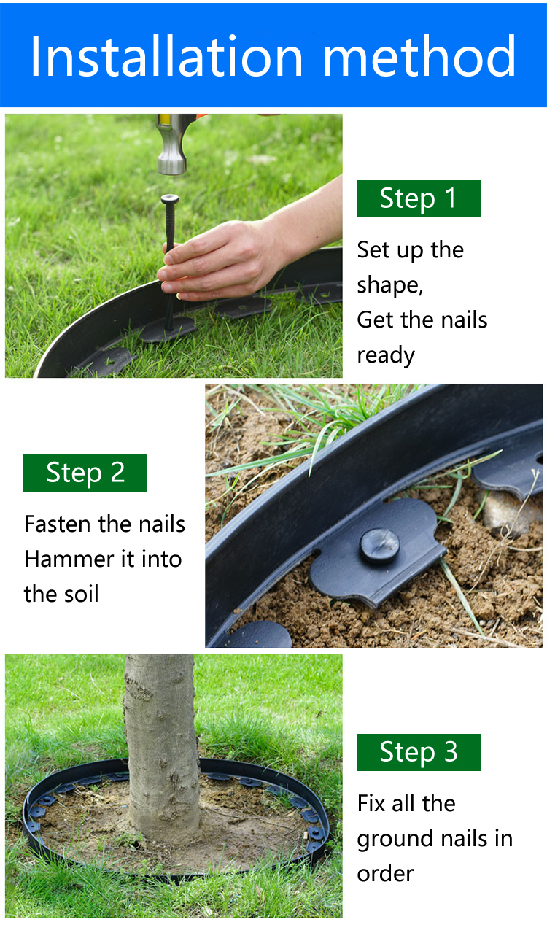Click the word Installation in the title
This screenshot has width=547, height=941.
pos(167,56)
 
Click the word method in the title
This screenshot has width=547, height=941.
pos(419,56)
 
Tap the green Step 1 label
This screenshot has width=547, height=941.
pos(418,198)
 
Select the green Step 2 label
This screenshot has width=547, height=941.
pos(85,473)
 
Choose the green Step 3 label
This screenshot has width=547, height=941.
pos(418,752)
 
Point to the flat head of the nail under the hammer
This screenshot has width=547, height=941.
pos(170,198)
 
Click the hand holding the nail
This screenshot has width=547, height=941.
pos(236,256)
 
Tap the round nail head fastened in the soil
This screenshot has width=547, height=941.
pos(379,546)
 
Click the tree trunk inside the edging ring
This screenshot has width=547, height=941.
pos(162,743)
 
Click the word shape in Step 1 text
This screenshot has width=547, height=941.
pos(389,286)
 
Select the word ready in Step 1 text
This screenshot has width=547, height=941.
pos(386,356)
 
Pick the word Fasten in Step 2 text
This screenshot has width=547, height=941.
pos(58,524)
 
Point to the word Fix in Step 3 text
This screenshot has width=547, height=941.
pos(371,804)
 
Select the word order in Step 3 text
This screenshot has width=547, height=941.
pos(385,874)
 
